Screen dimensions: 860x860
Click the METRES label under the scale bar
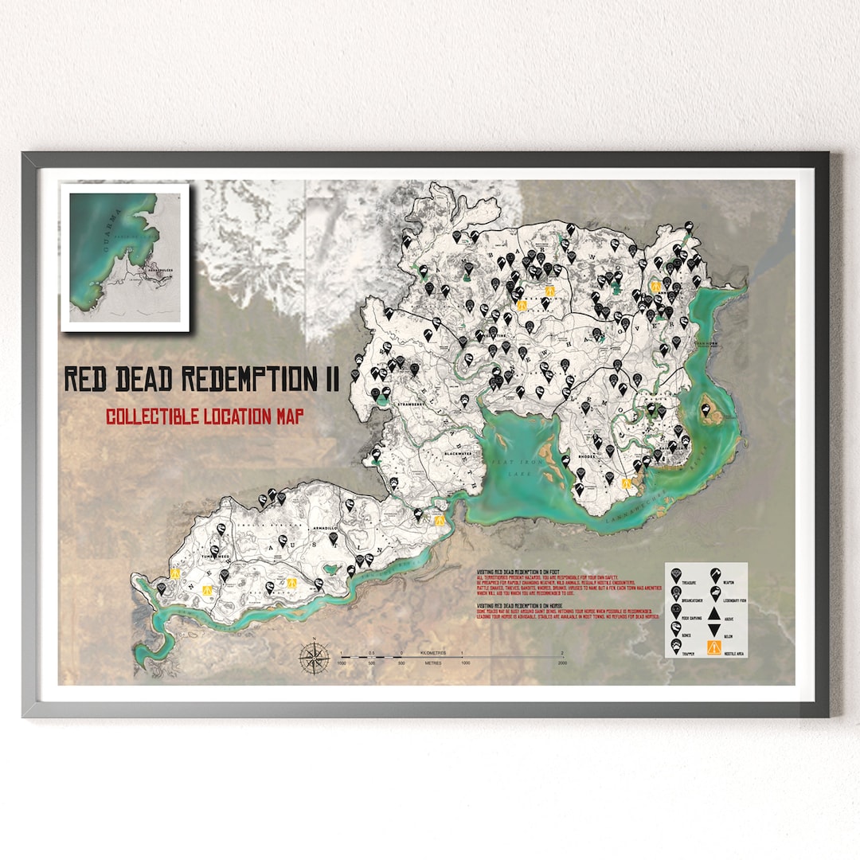pos(433,663)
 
